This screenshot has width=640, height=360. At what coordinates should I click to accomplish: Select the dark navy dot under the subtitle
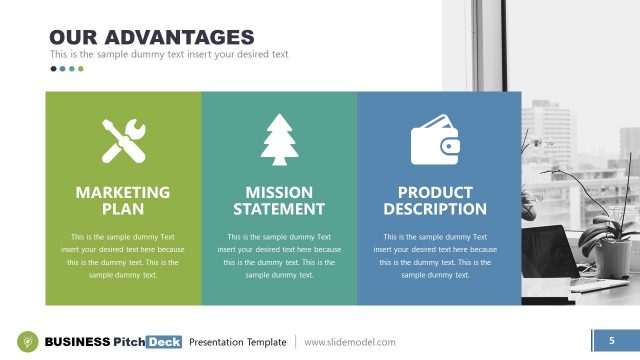click(x=54, y=69)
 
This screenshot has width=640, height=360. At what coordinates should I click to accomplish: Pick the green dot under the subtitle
click(x=81, y=69)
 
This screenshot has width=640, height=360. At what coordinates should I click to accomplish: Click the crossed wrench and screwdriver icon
click(x=123, y=140)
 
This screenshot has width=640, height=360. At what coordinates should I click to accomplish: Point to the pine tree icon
click(x=279, y=140)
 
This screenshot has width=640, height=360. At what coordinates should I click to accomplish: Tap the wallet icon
click(x=435, y=140)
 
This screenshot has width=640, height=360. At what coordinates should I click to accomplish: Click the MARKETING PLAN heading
click(x=123, y=200)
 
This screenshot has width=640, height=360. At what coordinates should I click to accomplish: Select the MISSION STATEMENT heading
click(x=279, y=200)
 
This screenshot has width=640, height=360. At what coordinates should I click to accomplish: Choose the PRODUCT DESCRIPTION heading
click(x=435, y=200)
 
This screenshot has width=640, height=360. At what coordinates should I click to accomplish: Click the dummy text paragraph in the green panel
click(x=123, y=255)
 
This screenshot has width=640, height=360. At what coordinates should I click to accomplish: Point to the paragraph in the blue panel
click(x=435, y=255)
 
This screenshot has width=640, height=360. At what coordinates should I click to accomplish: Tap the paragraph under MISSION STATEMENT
click(x=279, y=255)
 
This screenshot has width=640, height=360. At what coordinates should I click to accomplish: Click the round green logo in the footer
click(x=30, y=341)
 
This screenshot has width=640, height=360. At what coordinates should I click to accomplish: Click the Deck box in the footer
click(x=163, y=342)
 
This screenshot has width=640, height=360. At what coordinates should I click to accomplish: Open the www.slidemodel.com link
click(x=350, y=342)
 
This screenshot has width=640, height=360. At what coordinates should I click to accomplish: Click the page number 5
click(x=611, y=341)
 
